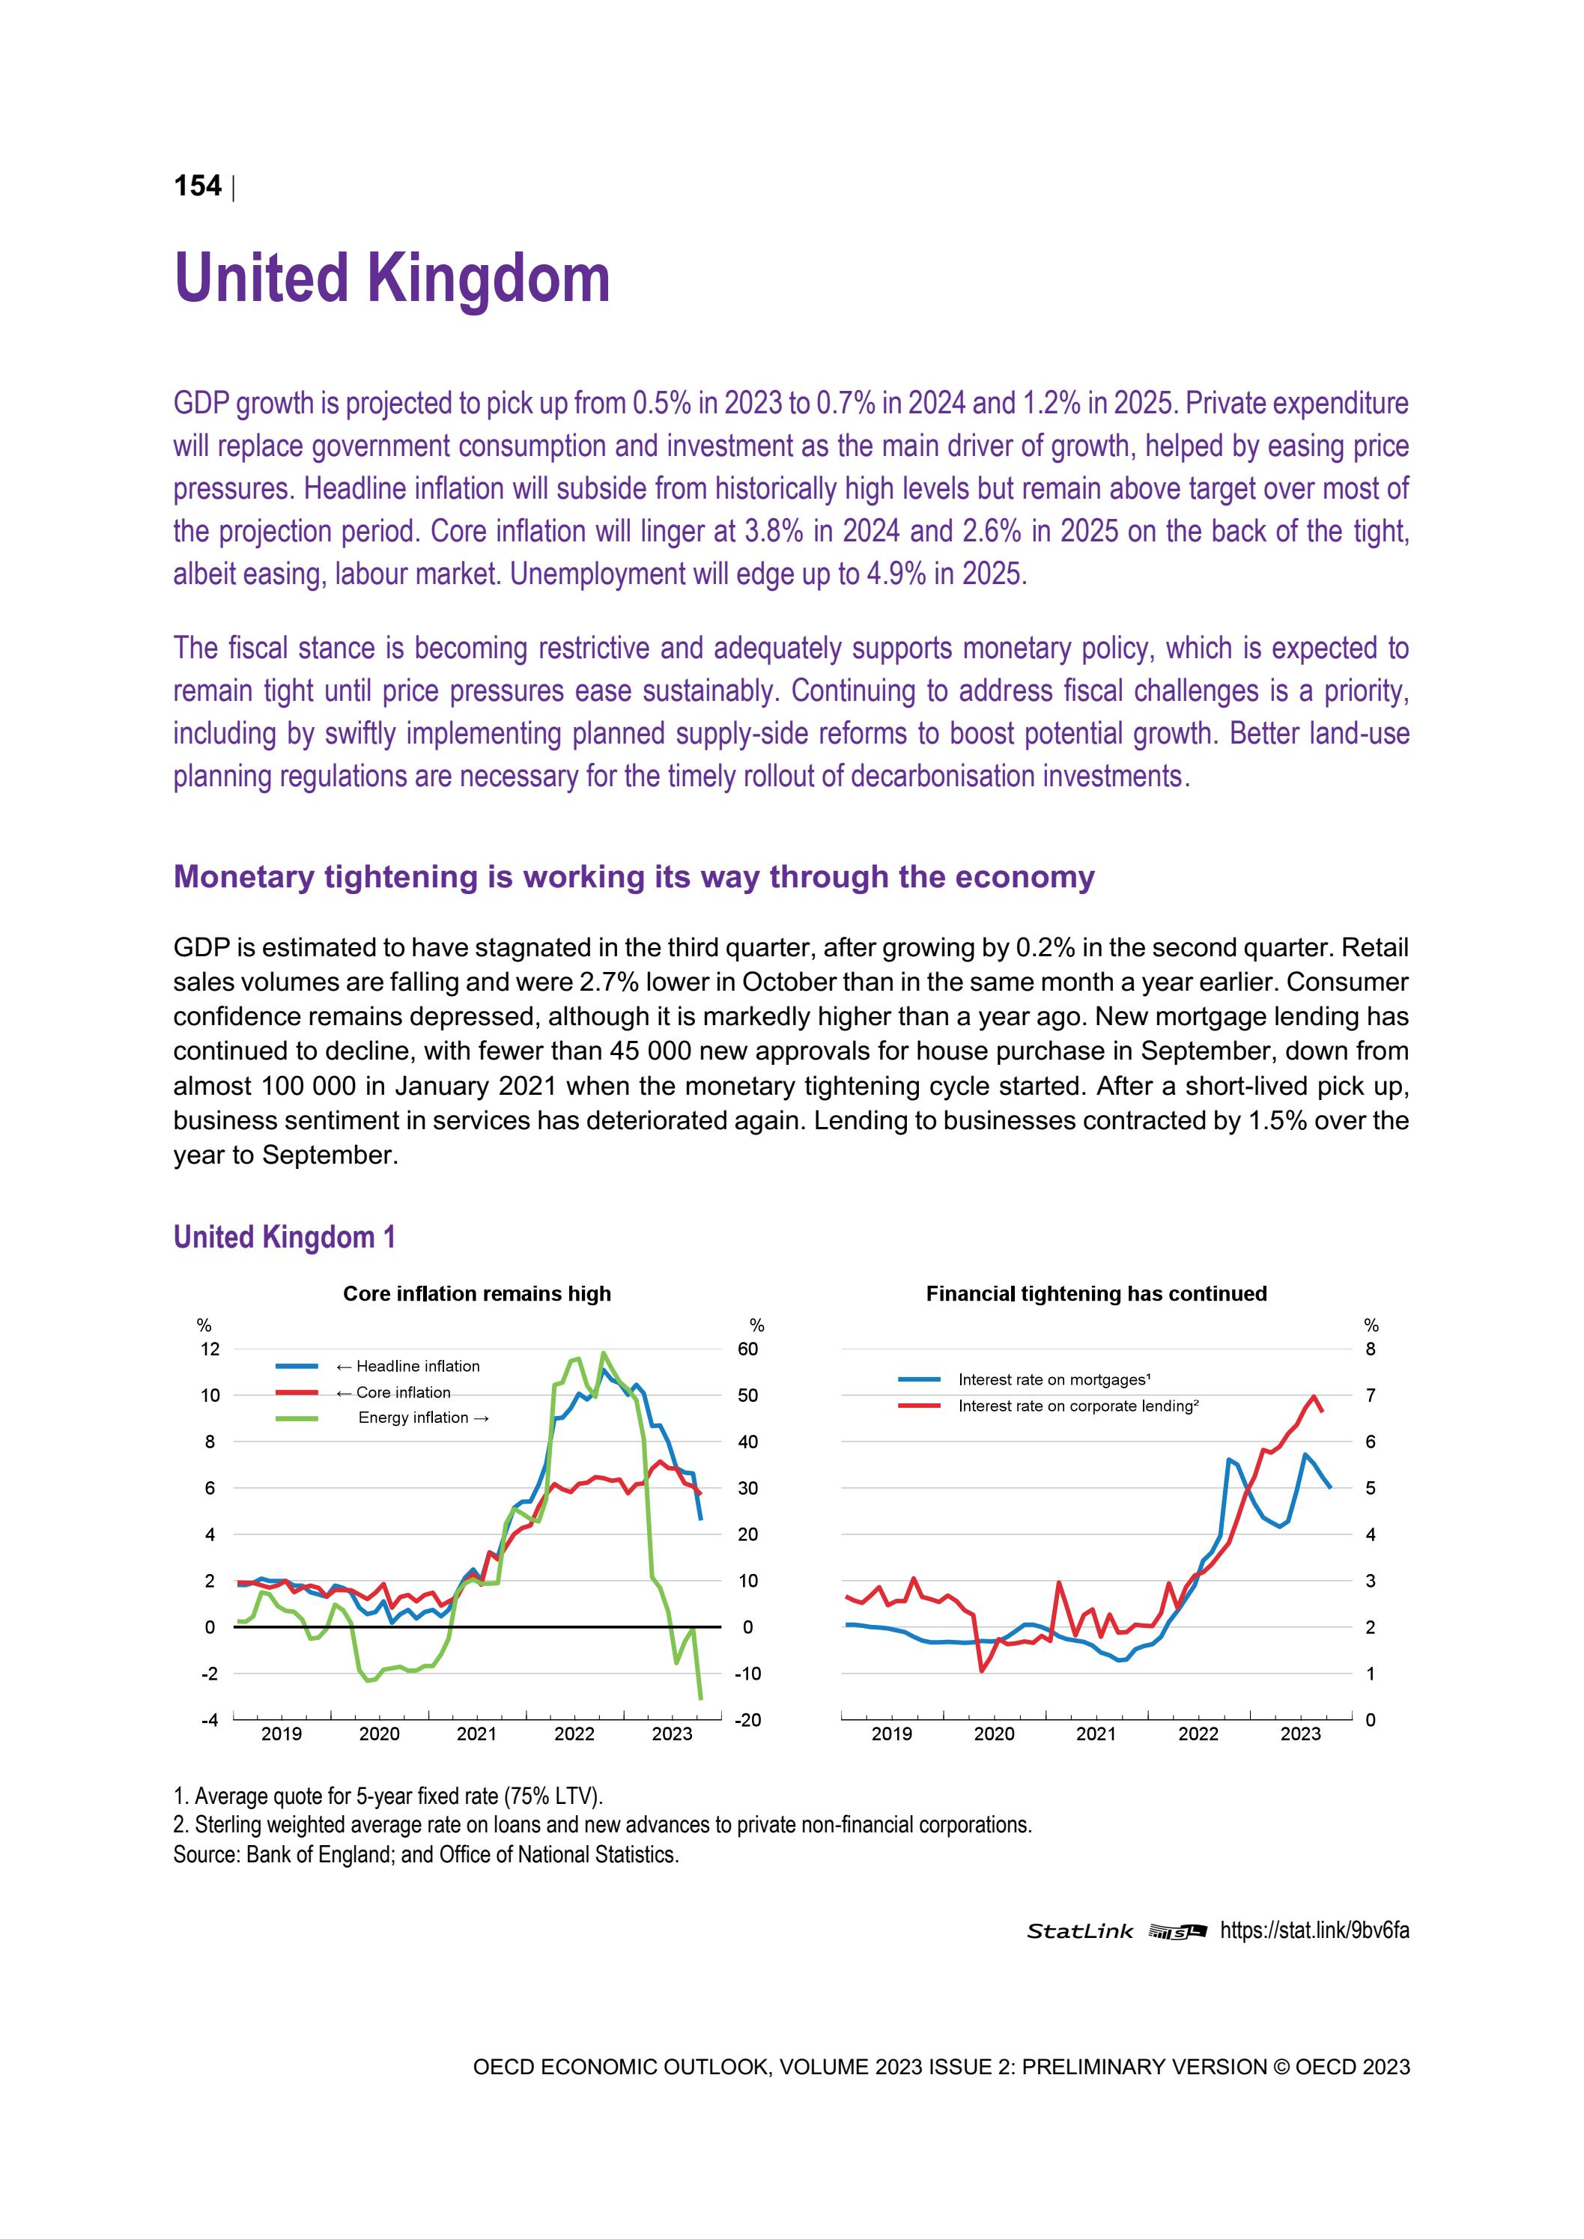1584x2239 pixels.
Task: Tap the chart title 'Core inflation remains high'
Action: click(x=477, y=1293)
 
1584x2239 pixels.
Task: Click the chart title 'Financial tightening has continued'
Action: click(x=1096, y=1293)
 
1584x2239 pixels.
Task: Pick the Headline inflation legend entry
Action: click(x=407, y=1366)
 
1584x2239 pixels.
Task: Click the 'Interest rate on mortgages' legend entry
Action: click(x=1054, y=1380)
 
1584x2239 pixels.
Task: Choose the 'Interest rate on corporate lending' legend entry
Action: click(x=1078, y=1406)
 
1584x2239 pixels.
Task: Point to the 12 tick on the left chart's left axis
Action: click(x=210, y=1349)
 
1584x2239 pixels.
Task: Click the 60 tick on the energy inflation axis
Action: click(x=747, y=1349)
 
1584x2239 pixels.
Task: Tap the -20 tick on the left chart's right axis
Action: click(x=747, y=1720)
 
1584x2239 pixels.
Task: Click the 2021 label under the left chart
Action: click(x=476, y=1734)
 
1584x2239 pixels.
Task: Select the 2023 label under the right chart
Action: click(x=1299, y=1734)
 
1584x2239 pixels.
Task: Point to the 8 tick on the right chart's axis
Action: click(x=1371, y=1349)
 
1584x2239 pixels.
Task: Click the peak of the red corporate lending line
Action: click(x=1314, y=1397)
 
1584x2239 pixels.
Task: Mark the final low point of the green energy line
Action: click(x=700, y=1699)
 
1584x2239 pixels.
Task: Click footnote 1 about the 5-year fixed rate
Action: click(x=388, y=1796)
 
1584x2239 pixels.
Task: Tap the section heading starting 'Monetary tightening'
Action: click(x=634, y=877)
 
